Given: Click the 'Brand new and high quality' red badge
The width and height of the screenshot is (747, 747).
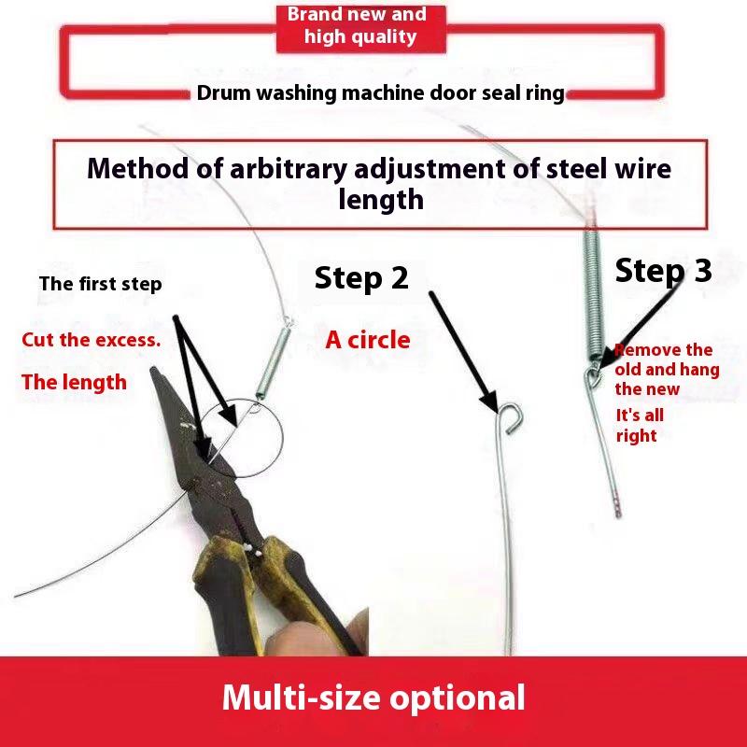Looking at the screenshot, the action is tap(361, 28).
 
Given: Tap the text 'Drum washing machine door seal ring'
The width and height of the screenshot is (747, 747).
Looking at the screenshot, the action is tap(380, 92).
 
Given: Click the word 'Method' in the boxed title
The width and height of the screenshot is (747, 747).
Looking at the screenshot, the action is tap(137, 168).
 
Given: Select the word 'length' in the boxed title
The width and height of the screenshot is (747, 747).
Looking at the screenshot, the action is tap(381, 200).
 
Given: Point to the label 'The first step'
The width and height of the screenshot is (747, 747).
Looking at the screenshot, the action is tap(101, 284).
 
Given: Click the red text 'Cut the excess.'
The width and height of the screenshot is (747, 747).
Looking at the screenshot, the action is tap(91, 340).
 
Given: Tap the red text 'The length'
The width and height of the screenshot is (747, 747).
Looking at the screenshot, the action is tap(74, 382).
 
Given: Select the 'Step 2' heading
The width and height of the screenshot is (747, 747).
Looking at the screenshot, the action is tap(361, 277).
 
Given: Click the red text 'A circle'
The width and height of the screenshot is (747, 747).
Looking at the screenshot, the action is tap(368, 340).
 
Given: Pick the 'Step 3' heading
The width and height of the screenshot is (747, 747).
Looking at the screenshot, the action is tap(664, 270).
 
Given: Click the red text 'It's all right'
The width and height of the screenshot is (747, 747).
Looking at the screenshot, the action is tap(640, 426).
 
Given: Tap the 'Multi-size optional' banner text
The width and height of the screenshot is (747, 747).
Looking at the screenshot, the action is tap(373, 698).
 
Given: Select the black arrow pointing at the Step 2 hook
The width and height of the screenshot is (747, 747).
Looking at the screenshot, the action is tap(463, 353).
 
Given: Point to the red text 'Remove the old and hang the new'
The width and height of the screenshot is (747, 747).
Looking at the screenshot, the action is tap(667, 369).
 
